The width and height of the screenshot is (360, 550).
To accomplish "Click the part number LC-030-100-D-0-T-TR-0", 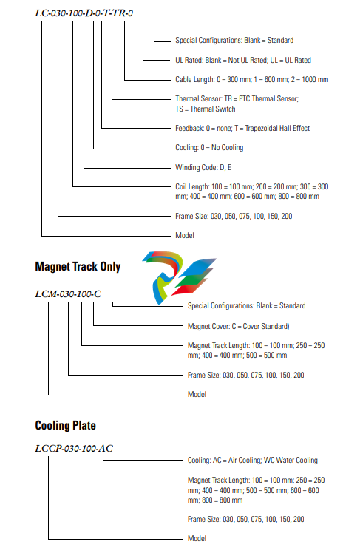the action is click(84, 13).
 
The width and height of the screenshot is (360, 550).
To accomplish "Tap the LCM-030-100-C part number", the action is click(68, 294).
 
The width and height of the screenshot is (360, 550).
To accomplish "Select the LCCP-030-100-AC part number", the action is click(74, 448).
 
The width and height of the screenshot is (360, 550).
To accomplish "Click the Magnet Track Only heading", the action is click(78, 267).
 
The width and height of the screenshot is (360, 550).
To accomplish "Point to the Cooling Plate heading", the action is click(66, 426).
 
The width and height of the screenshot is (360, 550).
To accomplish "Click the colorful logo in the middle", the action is click(179, 277).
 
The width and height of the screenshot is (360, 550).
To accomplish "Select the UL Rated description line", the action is click(243, 61).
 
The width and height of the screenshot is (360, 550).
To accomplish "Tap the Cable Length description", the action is click(252, 80).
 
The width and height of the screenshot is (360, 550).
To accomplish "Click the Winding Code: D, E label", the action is click(203, 167).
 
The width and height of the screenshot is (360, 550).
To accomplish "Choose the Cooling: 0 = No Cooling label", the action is click(209, 148).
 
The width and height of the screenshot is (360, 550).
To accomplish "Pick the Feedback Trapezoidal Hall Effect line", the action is click(242, 129).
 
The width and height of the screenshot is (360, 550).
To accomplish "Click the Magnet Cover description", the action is click(239, 327).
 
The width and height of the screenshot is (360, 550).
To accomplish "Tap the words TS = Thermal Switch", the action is click(206, 109).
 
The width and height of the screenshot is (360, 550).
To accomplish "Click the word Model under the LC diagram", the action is click(185, 235).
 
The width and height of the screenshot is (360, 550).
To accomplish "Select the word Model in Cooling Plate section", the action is click(197, 538).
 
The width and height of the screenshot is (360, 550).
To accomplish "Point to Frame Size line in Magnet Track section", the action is click(246, 376).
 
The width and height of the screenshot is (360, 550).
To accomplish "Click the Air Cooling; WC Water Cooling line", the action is click(253, 461).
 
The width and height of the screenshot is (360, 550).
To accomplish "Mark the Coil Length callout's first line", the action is click(252, 186).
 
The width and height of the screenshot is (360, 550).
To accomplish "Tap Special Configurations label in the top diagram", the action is click(234, 41).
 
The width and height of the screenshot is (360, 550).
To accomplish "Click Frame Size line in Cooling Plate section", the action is click(246, 519).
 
